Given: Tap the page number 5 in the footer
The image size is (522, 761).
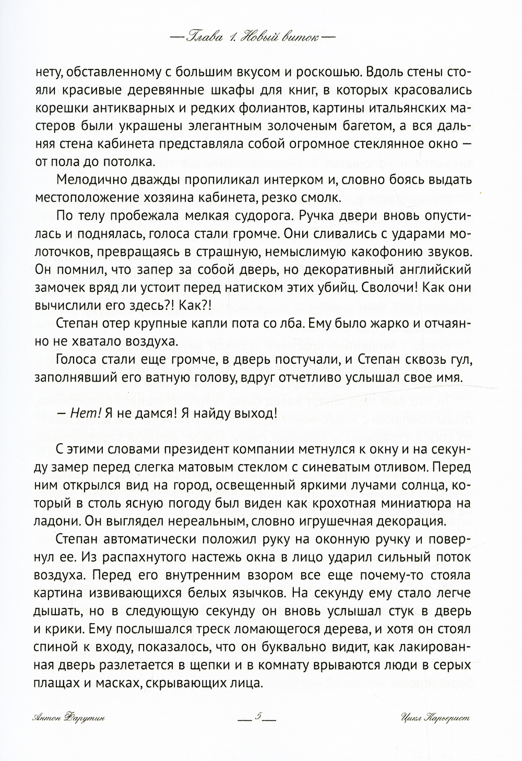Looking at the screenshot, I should pos(257,717).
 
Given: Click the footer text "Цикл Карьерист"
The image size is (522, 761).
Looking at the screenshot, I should pos(434,717).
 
